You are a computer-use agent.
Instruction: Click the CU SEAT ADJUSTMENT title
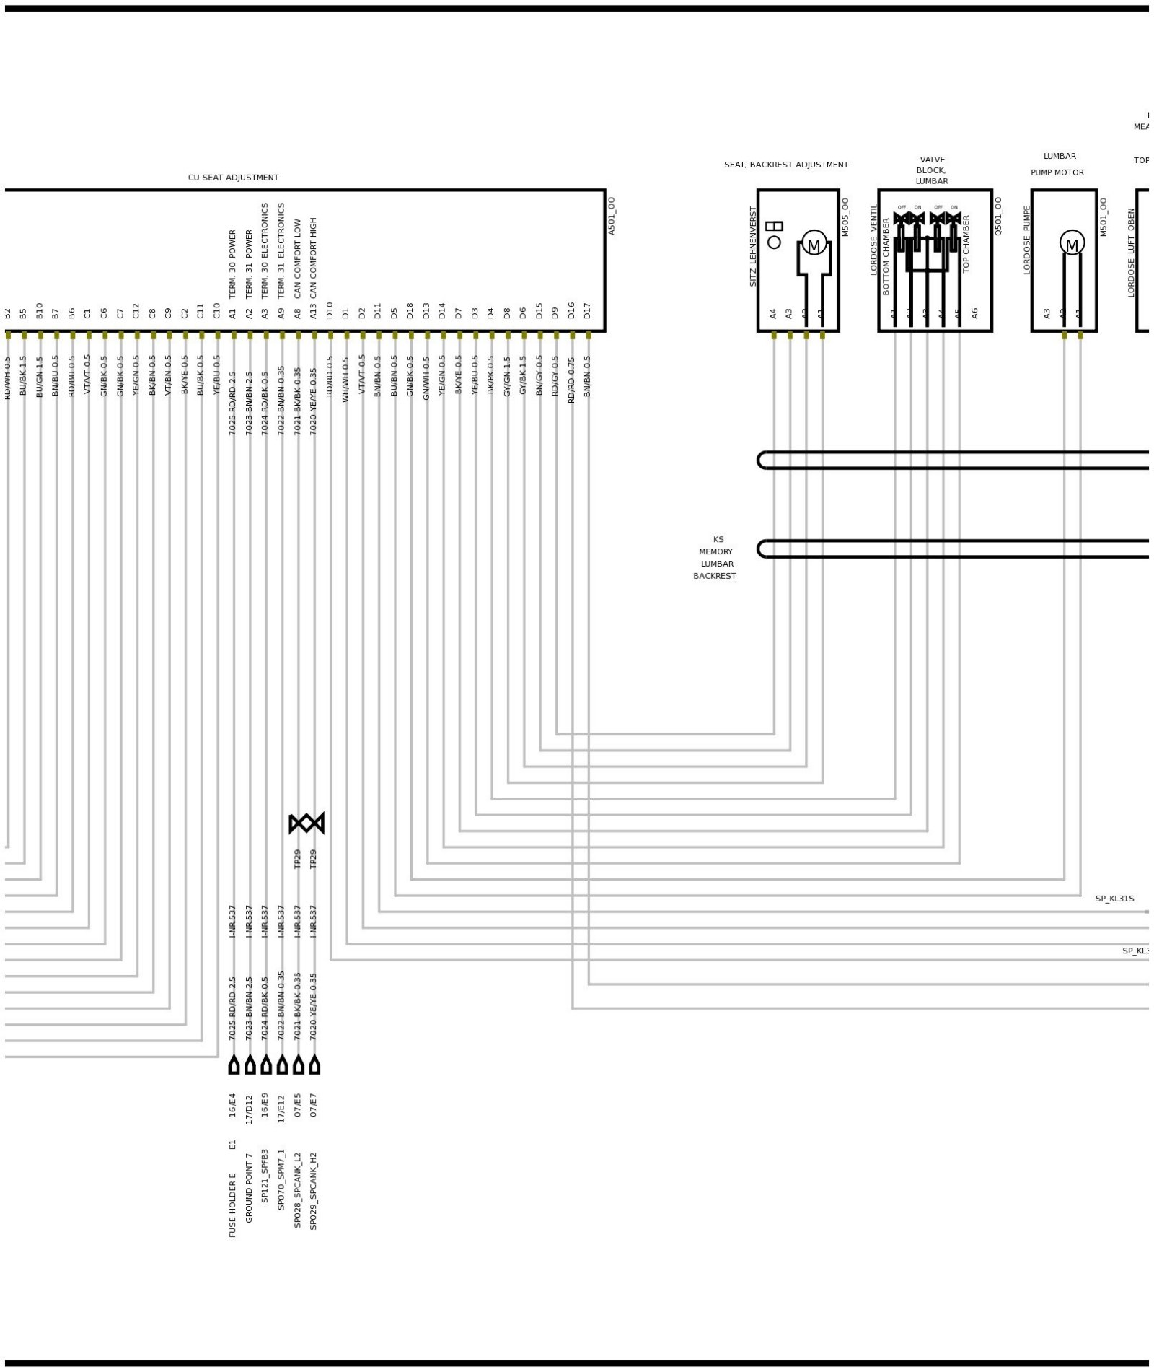click(233, 178)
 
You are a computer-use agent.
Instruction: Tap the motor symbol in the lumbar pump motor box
click(1071, 243)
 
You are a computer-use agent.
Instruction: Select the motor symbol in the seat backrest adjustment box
click(814, 243)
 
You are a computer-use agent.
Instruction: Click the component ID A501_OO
click(612, 216)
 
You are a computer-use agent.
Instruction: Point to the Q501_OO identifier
click(998, 216)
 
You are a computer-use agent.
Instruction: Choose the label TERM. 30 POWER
click(233, 264)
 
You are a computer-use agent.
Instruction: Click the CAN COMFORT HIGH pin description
click(314, 258)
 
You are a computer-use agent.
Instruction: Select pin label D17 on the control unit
click(588, 310)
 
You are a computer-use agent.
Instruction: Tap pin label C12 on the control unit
click(136, 310)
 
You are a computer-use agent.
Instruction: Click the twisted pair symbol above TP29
click(307, 823)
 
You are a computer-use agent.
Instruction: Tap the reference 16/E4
click(233, 1105)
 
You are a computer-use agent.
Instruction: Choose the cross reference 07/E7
click(314, 1105)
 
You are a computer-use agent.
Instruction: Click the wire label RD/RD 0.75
click(572, 380)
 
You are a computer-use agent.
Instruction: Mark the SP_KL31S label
click(1114, 899)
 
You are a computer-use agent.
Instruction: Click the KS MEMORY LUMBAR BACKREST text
click(715, 558)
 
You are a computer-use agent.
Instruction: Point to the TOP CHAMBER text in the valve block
click(966, 244)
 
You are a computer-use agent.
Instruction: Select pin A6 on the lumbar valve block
click(974, 313)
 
